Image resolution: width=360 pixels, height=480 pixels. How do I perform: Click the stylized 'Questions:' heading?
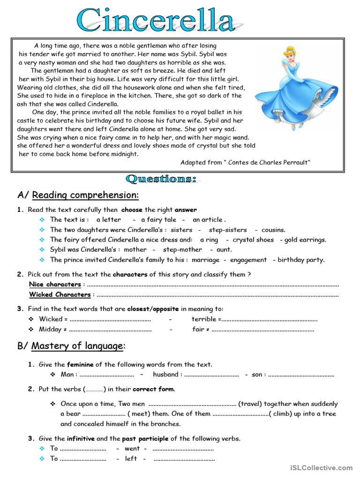pyautogui.click(x=161, y=179)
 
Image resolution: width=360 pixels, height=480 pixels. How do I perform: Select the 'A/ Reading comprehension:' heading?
pyautogui.click(x=78, y=195)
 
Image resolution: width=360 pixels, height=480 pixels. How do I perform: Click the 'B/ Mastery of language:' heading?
pyautogui.click(x=72, y=346)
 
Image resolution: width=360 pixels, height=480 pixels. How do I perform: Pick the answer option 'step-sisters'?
pyautogui.click(x=227, y=230)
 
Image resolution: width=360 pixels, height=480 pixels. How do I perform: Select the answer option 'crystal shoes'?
pyautogui.click(x=253, y=240)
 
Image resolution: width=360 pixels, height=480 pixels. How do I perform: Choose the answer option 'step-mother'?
pyautogui.click(x=182, y=249)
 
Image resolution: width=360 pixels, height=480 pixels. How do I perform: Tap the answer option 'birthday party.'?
pyautogui.click(x=301, y=260)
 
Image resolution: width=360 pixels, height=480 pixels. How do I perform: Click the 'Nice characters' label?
pyautogui.click(x=55, y=284)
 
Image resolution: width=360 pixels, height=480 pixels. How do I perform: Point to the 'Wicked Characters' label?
pyautogui.click(x=60, y=294)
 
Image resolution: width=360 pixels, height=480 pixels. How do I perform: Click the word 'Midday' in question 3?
pyautogui.click(x=50, y=329)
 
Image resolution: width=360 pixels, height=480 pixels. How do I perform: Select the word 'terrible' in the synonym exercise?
pyautogui.click(x=203, y=319)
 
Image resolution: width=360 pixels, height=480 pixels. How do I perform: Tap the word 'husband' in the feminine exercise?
pyautogui.click(x=165, y=374)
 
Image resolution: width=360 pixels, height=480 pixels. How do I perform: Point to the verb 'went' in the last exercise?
pyautogui.click(x=132, y=448)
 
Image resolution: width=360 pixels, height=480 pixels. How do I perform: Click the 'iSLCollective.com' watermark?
pyautogui.click(x=321, y=468)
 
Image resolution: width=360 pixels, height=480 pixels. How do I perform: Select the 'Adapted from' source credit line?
pyautogui.click(x=245, y=162)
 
